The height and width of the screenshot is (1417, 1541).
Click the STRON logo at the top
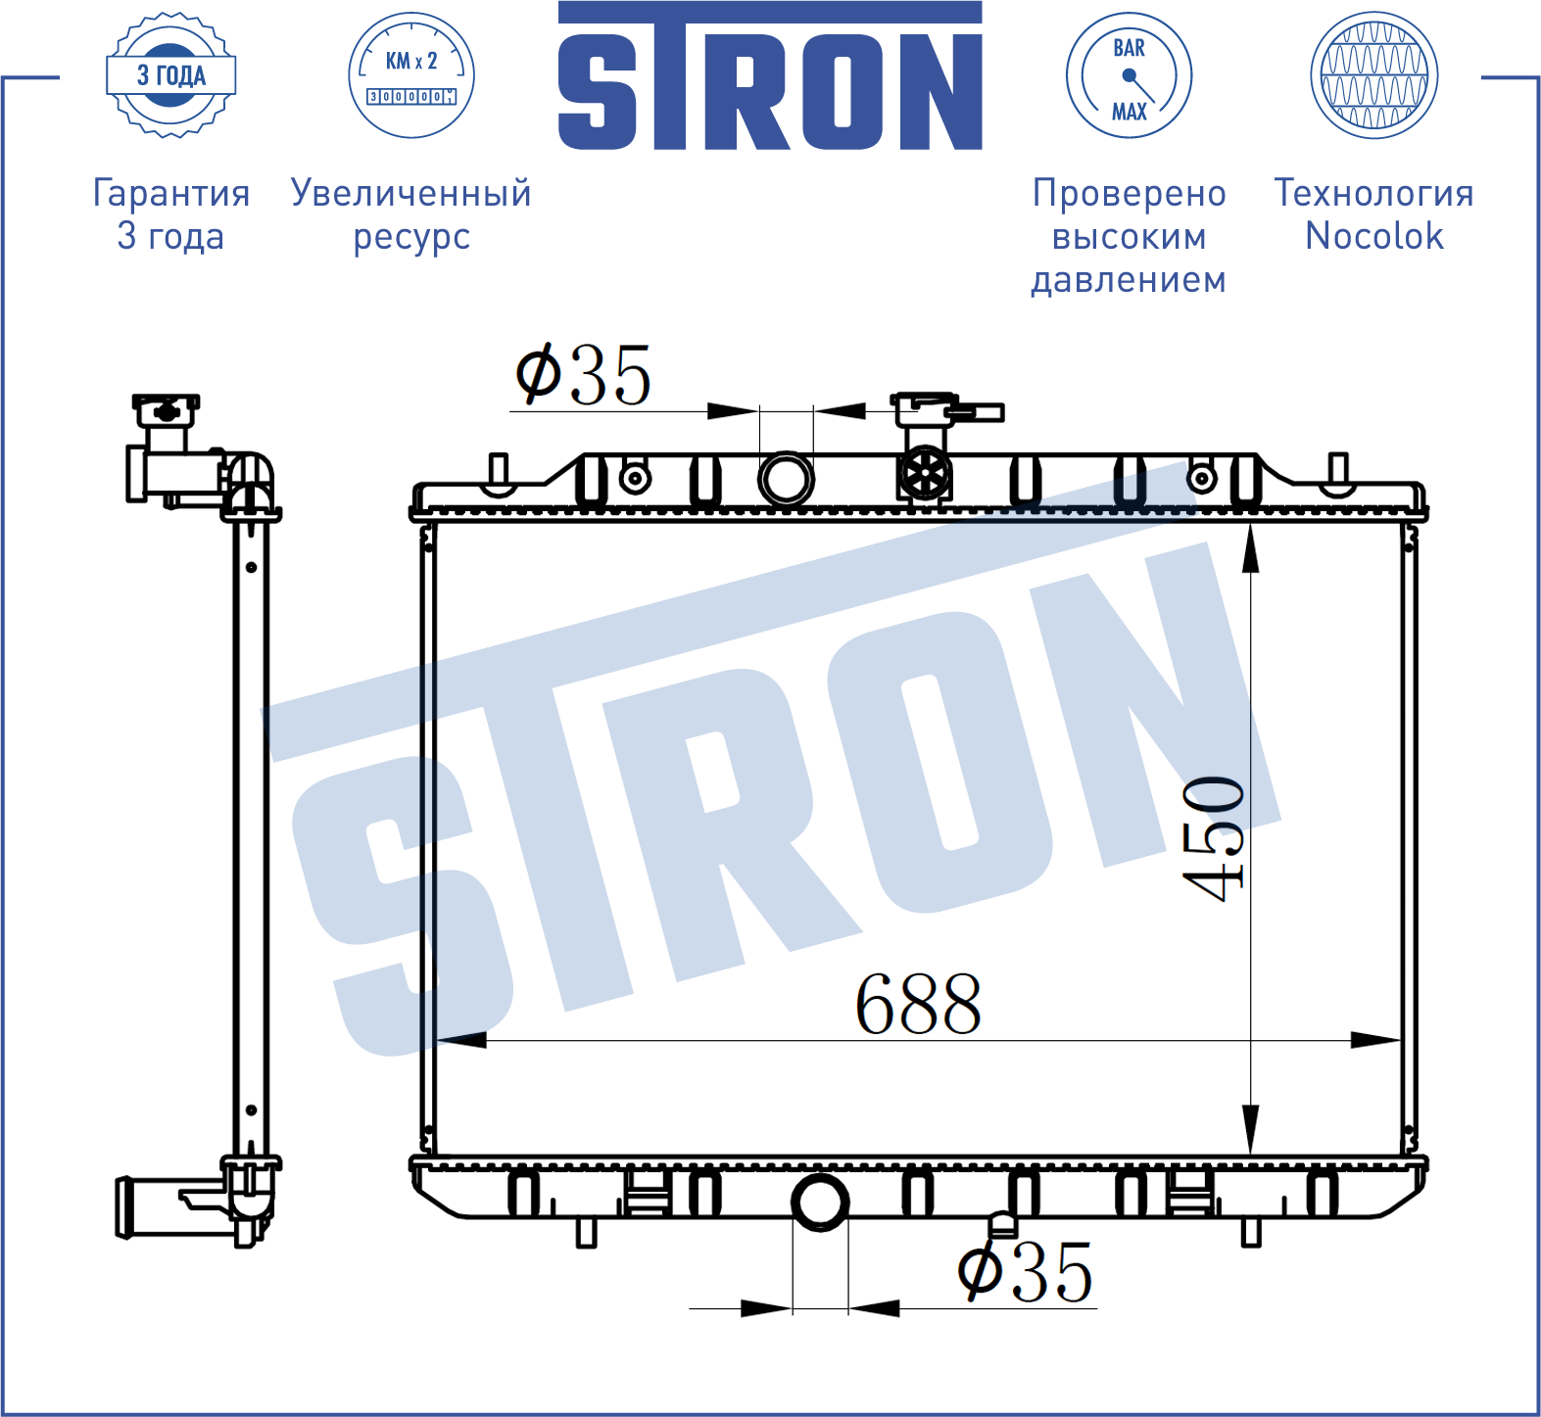[x=770, y=75]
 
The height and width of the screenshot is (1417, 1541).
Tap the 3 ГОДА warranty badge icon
[x=171, y=75]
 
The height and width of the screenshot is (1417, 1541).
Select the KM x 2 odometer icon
[x=411, y=75]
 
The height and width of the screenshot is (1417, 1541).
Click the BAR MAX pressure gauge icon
[x=1129, y=75]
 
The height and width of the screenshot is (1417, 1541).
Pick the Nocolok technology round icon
[x=1374, y=75]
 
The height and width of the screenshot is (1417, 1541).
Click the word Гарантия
[x=171, y=194]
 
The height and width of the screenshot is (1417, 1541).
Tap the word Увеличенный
[x=411, y=194]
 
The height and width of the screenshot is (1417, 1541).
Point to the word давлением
[x=1129, y=280]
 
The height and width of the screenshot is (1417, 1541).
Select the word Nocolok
[x=1374, y=237]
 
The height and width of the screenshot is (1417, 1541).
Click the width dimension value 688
[x=918, y=1004]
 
